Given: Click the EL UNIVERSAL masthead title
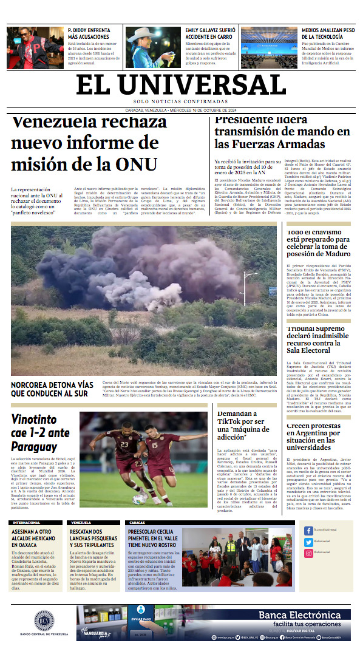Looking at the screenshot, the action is click(181, 83).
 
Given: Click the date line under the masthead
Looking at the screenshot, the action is click(180, 110).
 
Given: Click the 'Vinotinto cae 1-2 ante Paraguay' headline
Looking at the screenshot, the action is click(41, 432).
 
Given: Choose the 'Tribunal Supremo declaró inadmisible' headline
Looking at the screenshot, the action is click(316, 339).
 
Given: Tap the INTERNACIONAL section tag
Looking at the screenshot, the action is click(26, 522).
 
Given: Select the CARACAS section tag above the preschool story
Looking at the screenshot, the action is click(137, 522).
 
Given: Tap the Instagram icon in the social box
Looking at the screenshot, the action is click(308, 553).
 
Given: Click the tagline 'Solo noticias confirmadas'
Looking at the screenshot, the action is click(181, 101).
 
